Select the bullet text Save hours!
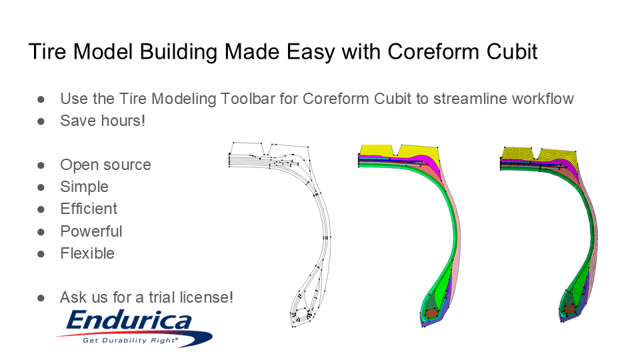click(x=102, y=121)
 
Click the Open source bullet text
click(x=105, y=165)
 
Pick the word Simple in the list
click(x=84, y=187)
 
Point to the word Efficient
click(x=89, y=209)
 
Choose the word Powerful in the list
click(x=91, y=231)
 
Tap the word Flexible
click(x=87, y=253)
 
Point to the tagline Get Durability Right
click(x=130, y=340)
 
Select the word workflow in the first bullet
click(x=542, y=99)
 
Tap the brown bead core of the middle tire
click(x=431, y=311)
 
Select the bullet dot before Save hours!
click(x=41, y=121)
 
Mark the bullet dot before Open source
click(x=41, y=165)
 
